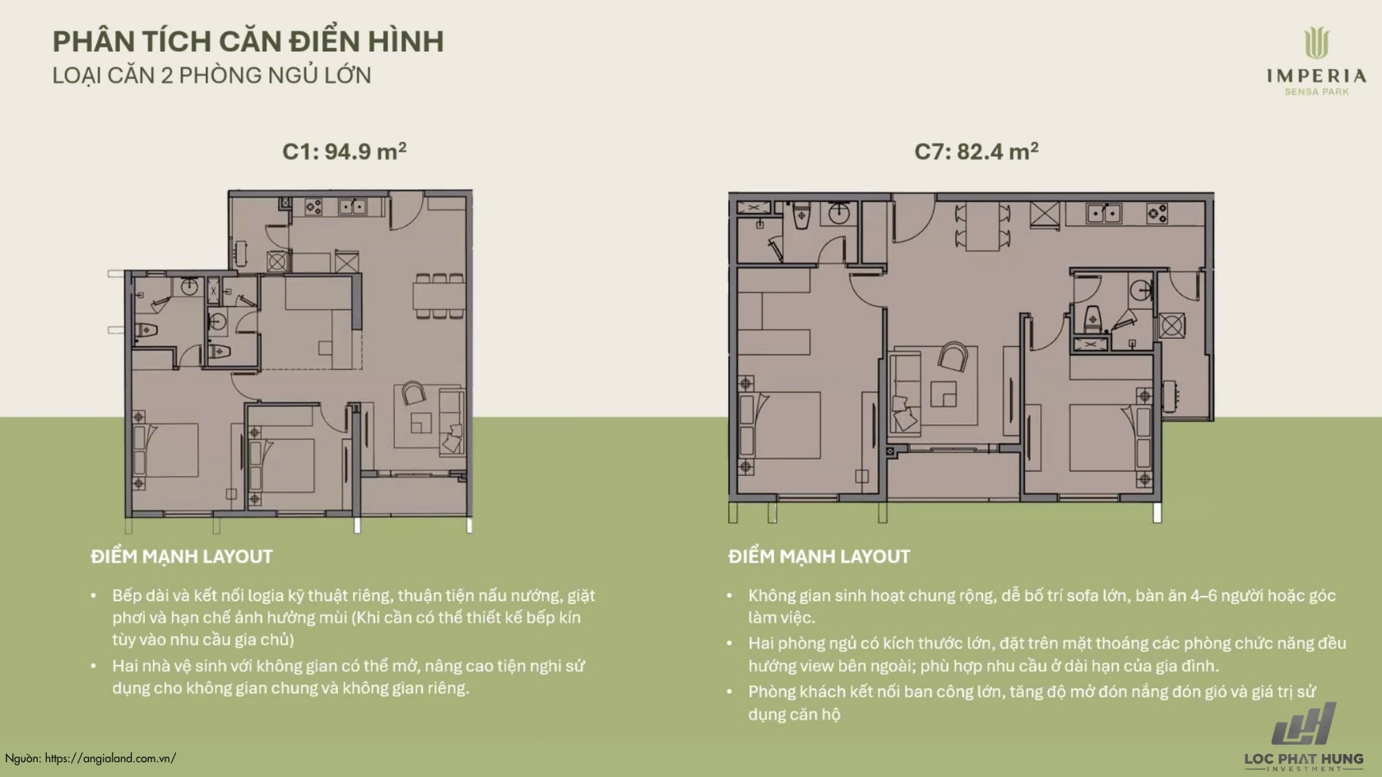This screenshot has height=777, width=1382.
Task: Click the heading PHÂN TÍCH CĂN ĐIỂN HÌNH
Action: [248, 41]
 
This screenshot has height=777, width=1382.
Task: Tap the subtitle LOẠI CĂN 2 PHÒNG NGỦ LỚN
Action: [211, 76]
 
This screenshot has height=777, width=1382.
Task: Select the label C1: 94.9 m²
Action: [344, 150]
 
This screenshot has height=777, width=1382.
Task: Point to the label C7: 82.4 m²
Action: [976, 150]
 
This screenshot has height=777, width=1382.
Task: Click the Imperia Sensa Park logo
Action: [1316, 62]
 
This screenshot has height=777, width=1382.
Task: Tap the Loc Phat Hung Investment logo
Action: [1304, 737]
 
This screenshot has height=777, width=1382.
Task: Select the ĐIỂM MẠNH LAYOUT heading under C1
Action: [181, 556]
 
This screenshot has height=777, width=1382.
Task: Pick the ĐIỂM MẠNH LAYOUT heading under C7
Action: [819, 556]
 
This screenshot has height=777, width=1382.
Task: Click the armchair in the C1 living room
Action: [413, 393]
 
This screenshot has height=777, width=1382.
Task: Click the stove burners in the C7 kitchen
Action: [1157, 214]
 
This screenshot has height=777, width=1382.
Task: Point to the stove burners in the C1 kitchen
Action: [313, 206]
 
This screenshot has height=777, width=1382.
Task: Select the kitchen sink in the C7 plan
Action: [1103, 213]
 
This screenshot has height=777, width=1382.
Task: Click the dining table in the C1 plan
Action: [439, 296]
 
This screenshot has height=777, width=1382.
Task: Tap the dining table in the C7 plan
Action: [982, 226]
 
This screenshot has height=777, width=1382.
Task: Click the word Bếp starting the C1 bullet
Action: [128, 596]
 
